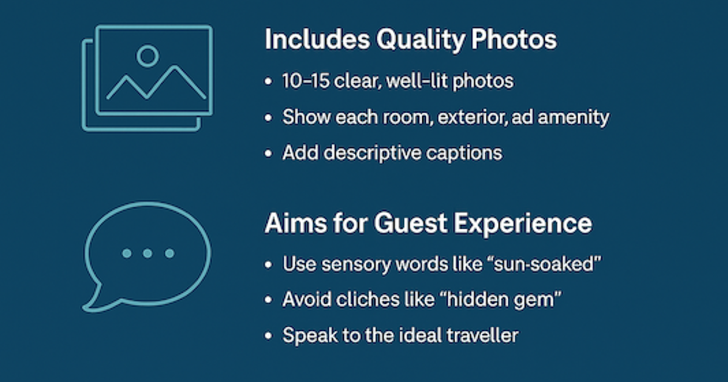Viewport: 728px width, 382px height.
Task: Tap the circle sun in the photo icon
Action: pos(147,56)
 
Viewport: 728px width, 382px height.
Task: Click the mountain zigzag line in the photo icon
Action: pos(155,85)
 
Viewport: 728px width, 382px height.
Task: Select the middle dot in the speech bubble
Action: pos(147,253)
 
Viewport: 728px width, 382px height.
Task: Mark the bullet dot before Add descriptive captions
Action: pos(269,153)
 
